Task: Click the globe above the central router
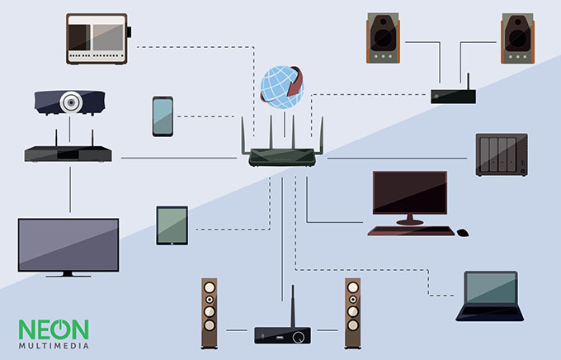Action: click(280, 86)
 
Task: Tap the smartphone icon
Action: click(163, 116)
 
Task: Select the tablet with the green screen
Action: click(172, 225)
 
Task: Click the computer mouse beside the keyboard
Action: click(463, 232)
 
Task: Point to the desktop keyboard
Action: click(411, 230)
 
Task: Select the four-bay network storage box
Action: click(501, 155)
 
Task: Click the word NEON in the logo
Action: click(53, 329)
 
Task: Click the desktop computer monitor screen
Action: click(409, 193)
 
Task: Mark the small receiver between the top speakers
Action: click(453, 96)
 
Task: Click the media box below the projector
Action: click(69, 154)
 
